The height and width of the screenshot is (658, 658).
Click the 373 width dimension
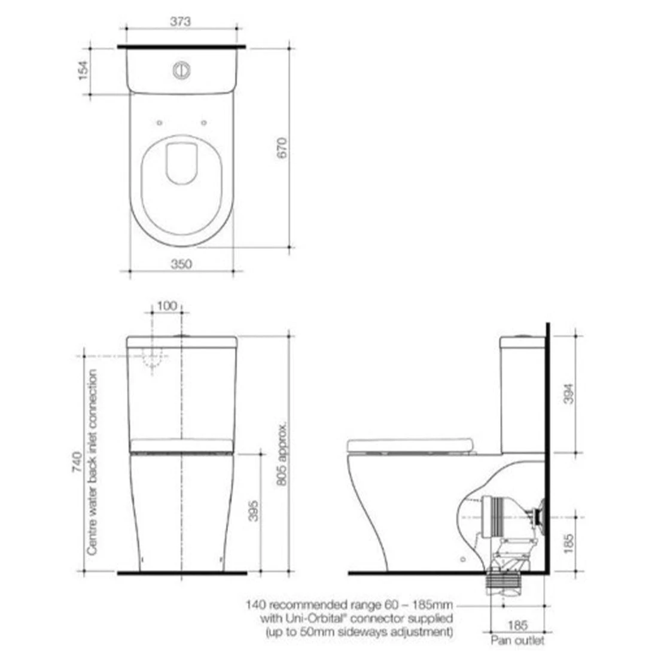tap(180, 22)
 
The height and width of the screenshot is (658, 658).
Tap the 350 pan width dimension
tap(181, 264)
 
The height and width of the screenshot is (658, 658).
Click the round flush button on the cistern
tap(181, 70)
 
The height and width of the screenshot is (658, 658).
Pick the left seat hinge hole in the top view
tap(159, 123)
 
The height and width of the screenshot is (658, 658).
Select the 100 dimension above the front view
tap(167, 306)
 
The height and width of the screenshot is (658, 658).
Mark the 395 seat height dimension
tap(254, 510)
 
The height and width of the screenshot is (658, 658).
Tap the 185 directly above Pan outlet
tap(517, 626)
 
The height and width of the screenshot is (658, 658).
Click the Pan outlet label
tap(517, 641)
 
